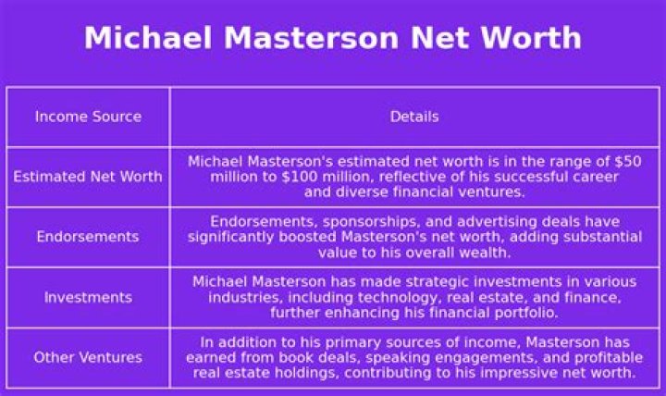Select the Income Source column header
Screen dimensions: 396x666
(x=88, y=117)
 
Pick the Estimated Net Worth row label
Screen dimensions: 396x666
(x=88, y=177)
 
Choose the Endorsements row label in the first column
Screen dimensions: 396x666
(x=88, y=237)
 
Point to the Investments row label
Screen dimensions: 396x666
(x=88, y=297)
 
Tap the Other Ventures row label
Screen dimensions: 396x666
(x=88, y=357)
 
